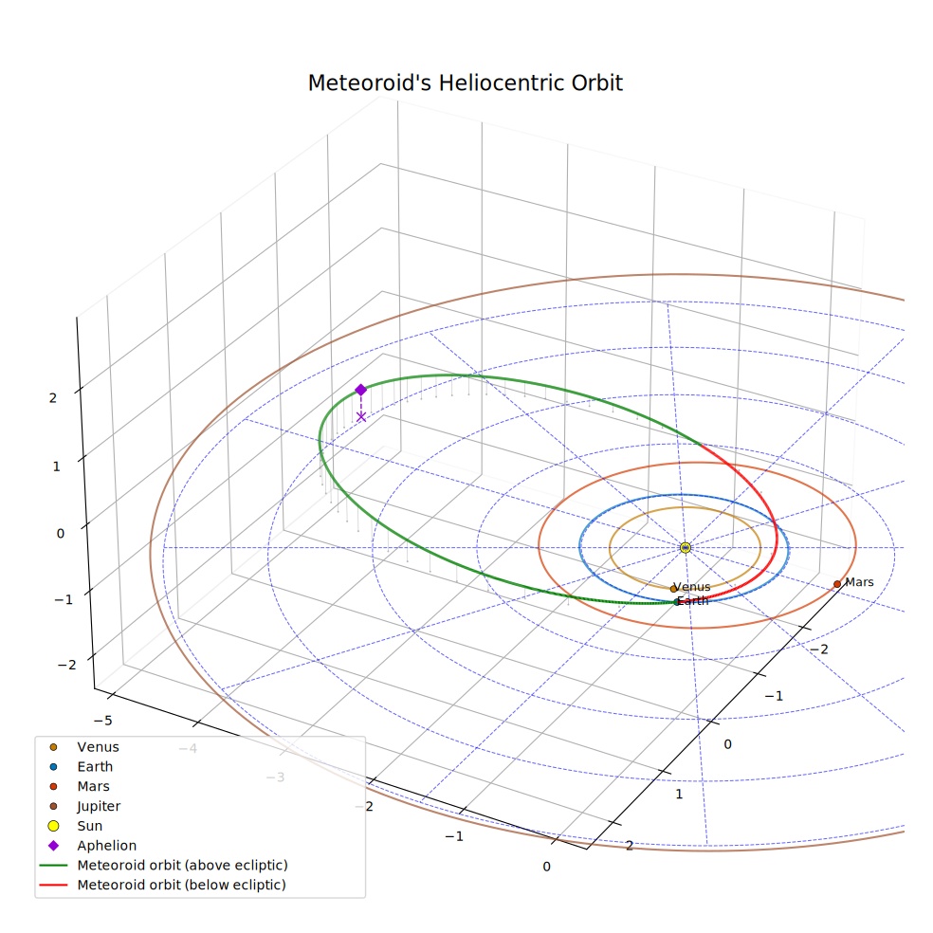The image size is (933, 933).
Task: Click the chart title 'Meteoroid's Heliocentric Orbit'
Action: pyautogui.click(x=465, y=83)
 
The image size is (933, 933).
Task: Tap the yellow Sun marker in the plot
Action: pyautogui.click(x=686, y=547)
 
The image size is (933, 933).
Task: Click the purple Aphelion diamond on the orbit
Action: pyautogui.click(x=360, y=391)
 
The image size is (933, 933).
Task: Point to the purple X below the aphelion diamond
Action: pyautogui.click(x=361, y=416)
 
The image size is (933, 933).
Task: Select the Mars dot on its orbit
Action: pyautogui.click(x=837, y=584)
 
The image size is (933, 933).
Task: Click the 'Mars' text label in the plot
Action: pyautogui.click(x=860, y=582)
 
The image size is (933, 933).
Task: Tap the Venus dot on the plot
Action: pyautogui.click(x=673, y=589)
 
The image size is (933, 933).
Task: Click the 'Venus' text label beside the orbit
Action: pyautogui.click(x=692, y=587)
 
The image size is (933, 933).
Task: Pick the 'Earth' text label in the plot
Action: pyautogui.click(x=693, y=601)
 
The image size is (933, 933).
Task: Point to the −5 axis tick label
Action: pyautogui.click(x=103, y=721)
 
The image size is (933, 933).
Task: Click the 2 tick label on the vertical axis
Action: pyautogui.click(x=53, y=398)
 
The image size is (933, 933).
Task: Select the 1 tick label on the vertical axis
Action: pyautogui.click(x=57, y=466)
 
